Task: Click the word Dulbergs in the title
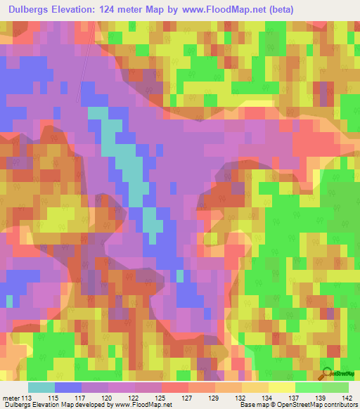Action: pos(30,8)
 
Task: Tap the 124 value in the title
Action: pos(119,8)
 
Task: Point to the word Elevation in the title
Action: pos(81,8)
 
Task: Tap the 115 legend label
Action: pos(62,397)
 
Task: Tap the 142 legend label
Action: pos(346,397)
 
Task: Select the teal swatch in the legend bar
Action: pos(41,387)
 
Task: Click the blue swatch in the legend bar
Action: pos(68,387)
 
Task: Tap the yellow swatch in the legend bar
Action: pos(281,387)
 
